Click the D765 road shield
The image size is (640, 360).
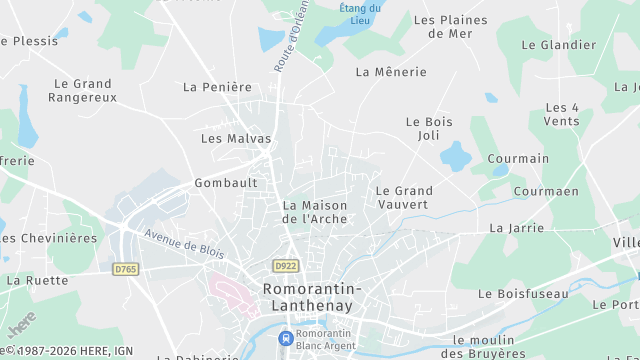[125, 269]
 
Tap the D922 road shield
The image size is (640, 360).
[285, 265]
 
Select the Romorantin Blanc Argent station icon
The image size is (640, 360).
[286, 339]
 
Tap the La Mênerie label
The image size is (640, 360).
[391, 72]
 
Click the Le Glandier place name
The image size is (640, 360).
[561, 45]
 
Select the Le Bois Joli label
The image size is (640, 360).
[429, 128]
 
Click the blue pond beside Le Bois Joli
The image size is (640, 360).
[456, 156]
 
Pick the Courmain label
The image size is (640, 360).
[518, 159]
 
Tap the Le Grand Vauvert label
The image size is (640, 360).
[404, 197]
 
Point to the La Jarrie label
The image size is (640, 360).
[517, 228]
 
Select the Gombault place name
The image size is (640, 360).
[226, 183]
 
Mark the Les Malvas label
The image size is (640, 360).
[236, 139]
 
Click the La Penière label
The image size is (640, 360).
[218, 87]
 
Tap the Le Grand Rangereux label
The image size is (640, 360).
[83, 90]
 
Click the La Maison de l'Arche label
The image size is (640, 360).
[315, 212]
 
